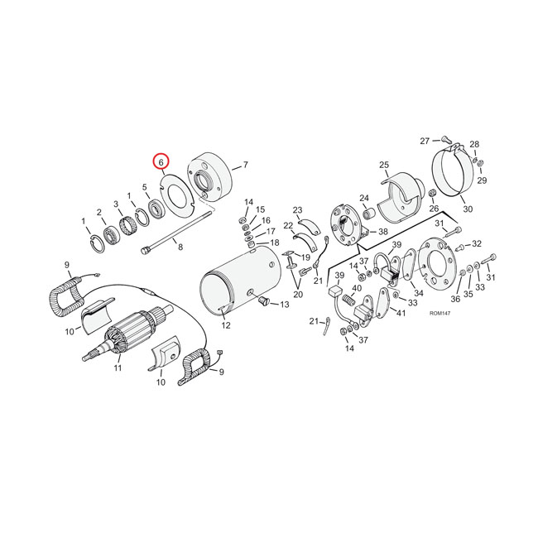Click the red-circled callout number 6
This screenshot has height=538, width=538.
(x=161, y=161)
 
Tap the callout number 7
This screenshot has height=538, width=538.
(x=245, y=165)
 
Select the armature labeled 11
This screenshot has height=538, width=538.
(x=127, y=332)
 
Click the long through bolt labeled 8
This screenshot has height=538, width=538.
(x=175, y=233)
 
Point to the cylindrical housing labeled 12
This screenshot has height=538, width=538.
(x=240, y=283)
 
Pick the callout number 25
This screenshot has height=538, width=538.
(x=384, y=165)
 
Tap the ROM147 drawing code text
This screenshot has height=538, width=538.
(x=440, y=313)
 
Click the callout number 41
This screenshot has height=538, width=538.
(x=401, y=313)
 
